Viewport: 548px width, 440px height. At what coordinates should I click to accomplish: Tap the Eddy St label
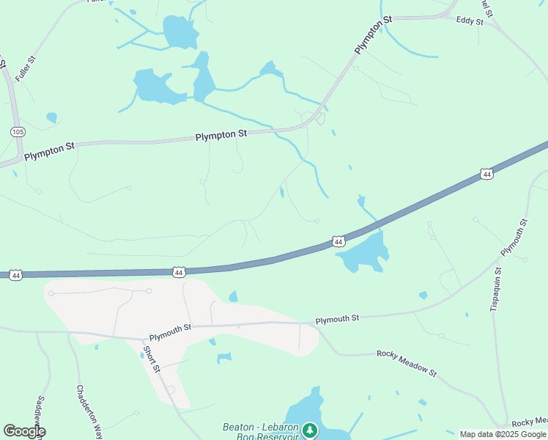[470, 21]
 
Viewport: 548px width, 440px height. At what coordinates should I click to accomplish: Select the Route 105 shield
[17, 131]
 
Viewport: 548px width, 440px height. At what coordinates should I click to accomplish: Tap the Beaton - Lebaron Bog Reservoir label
[261, 432]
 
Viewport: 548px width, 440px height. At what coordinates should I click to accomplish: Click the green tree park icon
[310, 430]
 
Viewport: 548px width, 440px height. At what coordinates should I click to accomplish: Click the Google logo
[24, 431]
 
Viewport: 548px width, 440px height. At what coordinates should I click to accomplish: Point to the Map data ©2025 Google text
[502, 434]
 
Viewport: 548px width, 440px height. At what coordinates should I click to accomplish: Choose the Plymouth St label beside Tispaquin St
[514, 237]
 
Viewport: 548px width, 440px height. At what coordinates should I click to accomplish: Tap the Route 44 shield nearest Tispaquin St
[486, 174]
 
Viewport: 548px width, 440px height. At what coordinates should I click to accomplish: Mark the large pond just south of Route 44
[362, 253]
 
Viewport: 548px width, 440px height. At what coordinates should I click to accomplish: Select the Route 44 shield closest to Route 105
[16, 275]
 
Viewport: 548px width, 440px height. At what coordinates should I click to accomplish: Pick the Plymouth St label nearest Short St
[170, 332]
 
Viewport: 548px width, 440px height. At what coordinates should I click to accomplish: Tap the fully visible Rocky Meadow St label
[407, 363]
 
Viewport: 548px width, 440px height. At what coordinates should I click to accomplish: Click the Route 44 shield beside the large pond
[337, 241]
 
